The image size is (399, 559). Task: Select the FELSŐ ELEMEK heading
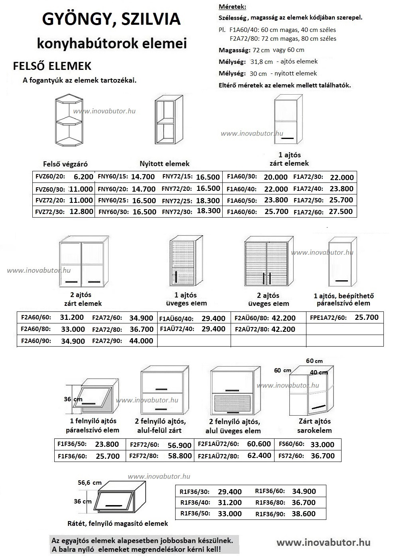pyautogui.click(x=52, y=66)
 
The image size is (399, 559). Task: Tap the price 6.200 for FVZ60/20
pyautogui.click(x=83, y=176)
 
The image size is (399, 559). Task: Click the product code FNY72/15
pyautogui.click(x=177, y=177)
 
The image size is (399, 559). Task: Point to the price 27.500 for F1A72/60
pyautogui.click(x=341, y=211)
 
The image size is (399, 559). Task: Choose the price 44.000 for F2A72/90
pyautogui.click(x=141, y=341)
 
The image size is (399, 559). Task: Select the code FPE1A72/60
pyautogui.click(x=328, y=318)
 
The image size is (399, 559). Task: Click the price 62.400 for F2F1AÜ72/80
pyautogui.click(x=259, y=455)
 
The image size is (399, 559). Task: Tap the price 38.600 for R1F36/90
pyautogui.click(x=303, y=513)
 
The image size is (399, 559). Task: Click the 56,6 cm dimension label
pyautogui.click(x=89, y=482)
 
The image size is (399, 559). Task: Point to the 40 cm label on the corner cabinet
pyautogui.click(x=318, y=373)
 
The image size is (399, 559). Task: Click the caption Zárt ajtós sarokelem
pyautogui.click(x=314, y=426)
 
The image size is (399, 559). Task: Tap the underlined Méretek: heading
pyautogui.click(x=233, y=7)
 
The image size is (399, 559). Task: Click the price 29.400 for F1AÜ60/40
pyautogui.click(x=213, y=318)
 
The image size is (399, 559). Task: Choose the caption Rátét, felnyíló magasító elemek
pyautogui.click(x=118, y=523)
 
